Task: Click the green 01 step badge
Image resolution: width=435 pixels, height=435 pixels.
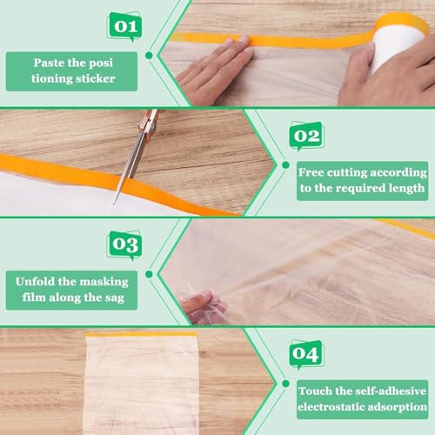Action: point(124,26)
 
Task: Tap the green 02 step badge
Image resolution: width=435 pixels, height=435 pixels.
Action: point(305,137)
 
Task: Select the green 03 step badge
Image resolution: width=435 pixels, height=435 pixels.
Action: point(124,244)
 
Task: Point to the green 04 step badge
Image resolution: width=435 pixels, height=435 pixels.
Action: point(305,354)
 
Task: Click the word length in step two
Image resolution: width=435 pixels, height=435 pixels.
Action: point(404,187)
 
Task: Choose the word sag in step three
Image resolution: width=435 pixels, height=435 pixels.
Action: point(117,296)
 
